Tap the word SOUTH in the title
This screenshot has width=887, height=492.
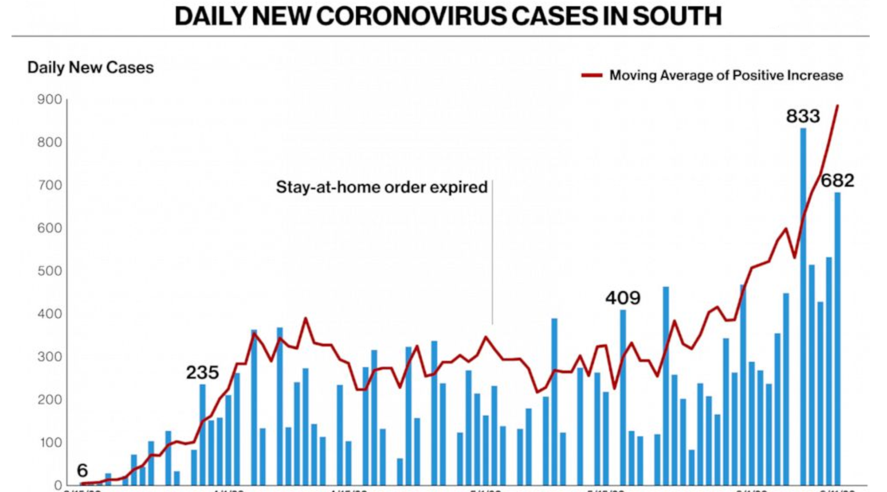(677, 16)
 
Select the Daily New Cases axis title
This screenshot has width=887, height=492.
(90, 67)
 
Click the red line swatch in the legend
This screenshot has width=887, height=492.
(592, 75)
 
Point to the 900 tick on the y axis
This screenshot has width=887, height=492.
(50, 99)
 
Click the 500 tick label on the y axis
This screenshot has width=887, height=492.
(50, 271)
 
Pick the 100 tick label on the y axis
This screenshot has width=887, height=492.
(51, 442)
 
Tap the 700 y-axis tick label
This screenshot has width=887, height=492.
(50, 185)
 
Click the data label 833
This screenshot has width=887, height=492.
(803, 116)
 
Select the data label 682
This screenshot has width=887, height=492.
(837, 180)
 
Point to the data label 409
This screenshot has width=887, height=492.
(623, 297)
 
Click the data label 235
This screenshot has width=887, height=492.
(202, 372)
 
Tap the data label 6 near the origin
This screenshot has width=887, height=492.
(82, 470)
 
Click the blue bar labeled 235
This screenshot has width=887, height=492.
(203, 434)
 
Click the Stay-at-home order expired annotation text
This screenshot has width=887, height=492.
(381, 187)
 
